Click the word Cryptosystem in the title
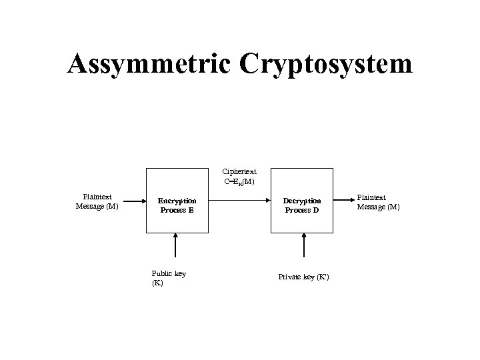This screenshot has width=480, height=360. click(325, 64)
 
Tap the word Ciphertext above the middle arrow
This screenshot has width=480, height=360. click(239, 171)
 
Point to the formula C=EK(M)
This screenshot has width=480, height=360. click(239, 181)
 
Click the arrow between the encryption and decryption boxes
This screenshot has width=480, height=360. click(239, 200)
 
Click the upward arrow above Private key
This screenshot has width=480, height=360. click(304, 245)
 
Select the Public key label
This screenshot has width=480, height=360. click(169, 273)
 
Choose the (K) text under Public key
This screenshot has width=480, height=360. click(157, 283)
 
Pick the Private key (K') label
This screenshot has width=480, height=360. click(303, 277)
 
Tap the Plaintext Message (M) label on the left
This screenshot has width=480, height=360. click(97, 201)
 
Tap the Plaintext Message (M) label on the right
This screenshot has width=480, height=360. click(378, 202)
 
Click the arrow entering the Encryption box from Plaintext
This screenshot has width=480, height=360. click(132, 200)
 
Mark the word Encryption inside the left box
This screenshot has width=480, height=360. click(177, 201)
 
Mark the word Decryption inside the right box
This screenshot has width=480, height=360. click(302, 201)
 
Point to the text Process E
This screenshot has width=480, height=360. click(177, 210)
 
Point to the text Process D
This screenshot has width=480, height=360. click(302, 210)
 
